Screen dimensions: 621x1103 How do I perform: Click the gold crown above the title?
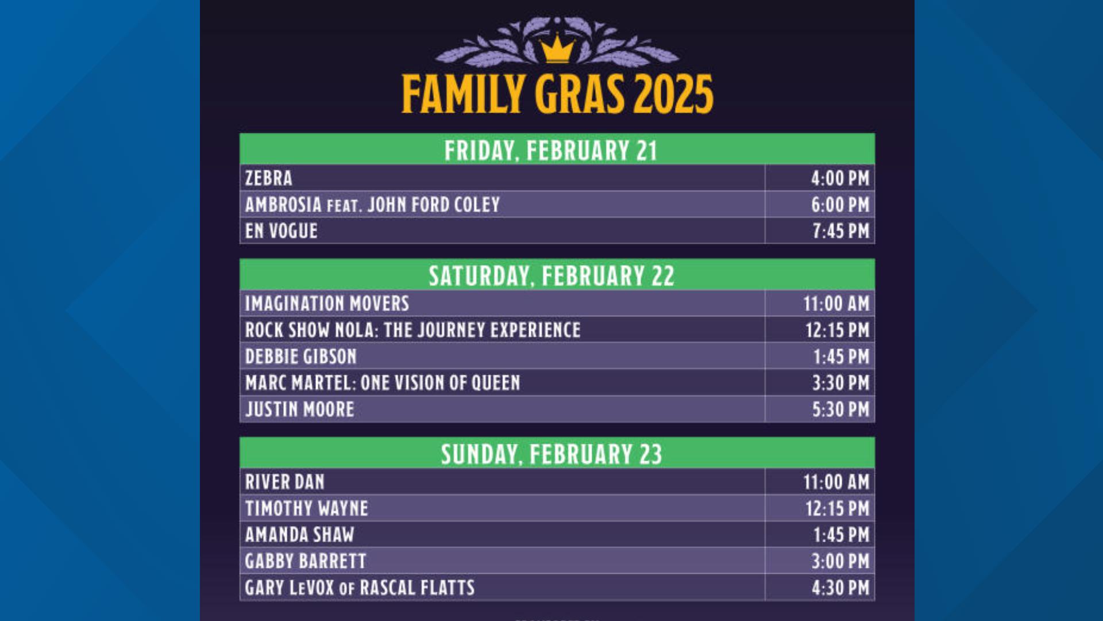click(x=557, y=49)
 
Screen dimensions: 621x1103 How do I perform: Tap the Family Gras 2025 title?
click(x=557, y=94)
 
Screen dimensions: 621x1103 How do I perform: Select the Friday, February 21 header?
click(x=550, y=150)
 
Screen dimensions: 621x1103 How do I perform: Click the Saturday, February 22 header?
click(x=551, y=275)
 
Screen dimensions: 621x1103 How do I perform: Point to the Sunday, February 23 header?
click(x=551, y=454)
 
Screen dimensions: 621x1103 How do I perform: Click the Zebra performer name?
click(x=269, y=178)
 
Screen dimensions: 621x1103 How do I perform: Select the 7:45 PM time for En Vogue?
click(x=840, y=231)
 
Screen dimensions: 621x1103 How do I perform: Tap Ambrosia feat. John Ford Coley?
click(x=372, y=205)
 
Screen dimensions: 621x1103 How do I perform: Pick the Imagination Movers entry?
click(x=327, y=303)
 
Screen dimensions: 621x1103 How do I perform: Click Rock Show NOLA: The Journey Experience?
click(x=412, y=330)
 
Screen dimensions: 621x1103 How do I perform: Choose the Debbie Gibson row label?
click(x=300, y=356)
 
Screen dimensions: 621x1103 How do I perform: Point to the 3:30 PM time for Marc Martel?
click(x=840, y=383)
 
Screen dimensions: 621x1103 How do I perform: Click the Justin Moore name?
click(x=299, y=409)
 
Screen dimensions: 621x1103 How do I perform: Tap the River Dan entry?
click(x=284, y=482)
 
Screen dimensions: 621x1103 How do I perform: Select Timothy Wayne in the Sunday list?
click(x=306, y=508)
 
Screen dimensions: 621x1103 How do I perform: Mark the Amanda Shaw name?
click(x=299, y=535)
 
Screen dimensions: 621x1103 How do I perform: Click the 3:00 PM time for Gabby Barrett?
click(x=840, y=561)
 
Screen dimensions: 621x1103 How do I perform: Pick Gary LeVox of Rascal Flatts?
click(x=360, y=588)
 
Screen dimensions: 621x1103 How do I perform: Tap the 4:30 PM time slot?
click(x=840, y=588)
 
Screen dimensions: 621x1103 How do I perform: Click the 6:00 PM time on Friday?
click(x=840, y=205)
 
